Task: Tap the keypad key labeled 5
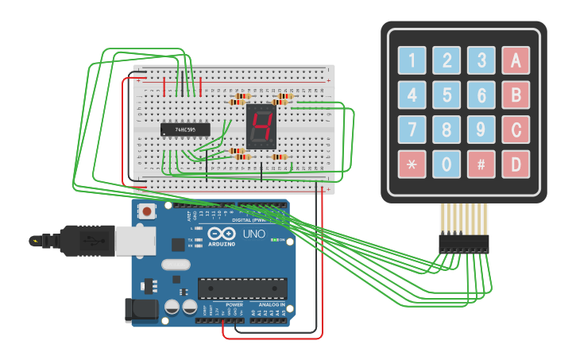[446, 95]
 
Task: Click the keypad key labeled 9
[481, 130]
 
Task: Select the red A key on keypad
[516, 60]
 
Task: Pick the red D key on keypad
[516, 165]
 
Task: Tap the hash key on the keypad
[481, 165]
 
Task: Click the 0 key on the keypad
[446, 165]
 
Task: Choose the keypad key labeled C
[516, 130]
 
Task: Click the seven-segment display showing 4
[261, 126]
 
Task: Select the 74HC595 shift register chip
[185, 129]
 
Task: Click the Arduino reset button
[147, 211]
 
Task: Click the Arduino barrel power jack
[141, 310]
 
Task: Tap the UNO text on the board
[253, 234]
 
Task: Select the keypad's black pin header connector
[463, 242]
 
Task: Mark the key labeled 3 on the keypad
[481, 60]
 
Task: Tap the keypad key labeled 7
[412, 130]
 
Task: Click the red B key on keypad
[516, 95]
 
